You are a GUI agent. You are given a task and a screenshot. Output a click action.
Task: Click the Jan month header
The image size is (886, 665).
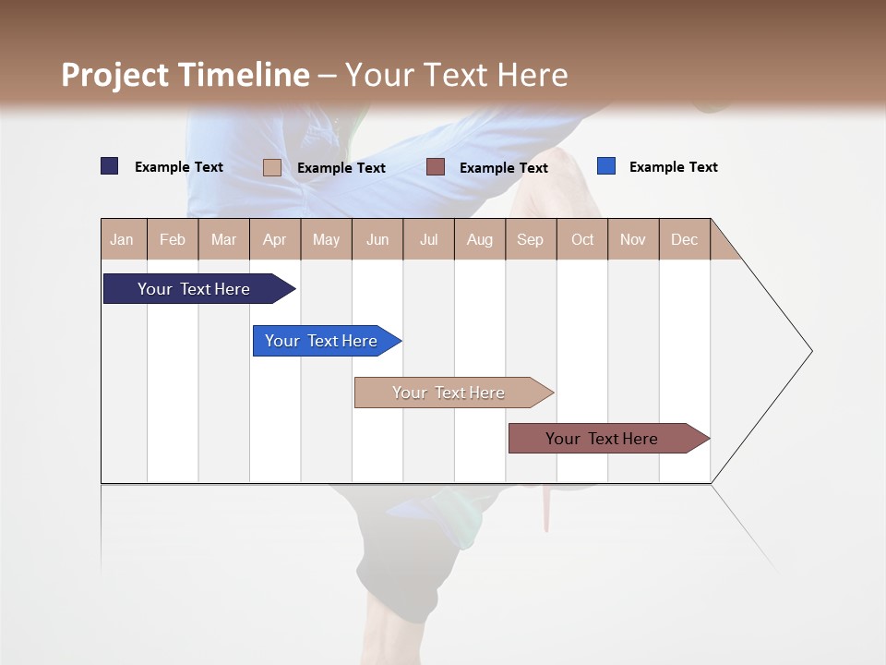pyautogui.click(x=123, y=239)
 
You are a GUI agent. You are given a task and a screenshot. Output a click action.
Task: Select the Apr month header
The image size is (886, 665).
pyautogui.click(x=275, y=239)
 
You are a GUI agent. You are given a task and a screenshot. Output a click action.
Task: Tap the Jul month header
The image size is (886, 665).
pyautogui.click(x=428, y=239)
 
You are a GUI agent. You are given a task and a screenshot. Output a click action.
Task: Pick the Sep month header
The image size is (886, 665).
pyautogui.click(x=530, y=239)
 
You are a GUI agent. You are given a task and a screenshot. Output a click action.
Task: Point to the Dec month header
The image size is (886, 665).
pyautogui.click(x=684, y=239)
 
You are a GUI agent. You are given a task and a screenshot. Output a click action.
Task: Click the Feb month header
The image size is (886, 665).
pyautogui.click(x=173, y=239)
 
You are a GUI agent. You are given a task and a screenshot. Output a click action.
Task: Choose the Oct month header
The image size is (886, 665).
pyautogui.click(x=582, y=239)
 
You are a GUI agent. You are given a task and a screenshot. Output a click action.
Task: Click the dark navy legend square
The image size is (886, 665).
pyautogui.click(x=110, y=166)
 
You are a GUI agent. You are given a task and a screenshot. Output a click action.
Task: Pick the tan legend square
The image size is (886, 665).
pyautogui.click(x=272, y=167)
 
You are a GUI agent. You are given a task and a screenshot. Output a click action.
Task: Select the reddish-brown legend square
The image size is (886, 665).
pyautogui.click(x=436, y=167)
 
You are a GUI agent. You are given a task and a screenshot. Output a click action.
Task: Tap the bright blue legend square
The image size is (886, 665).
pyautogui.click(x=606, y=166)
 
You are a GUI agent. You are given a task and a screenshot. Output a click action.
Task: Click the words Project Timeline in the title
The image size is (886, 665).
pyautogui.click(x=186, y=75)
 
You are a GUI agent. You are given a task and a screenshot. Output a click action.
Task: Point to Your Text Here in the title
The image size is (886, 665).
pyautogui.click(x=456, y=75)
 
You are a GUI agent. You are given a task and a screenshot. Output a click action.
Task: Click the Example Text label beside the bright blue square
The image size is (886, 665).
pyautogui.click(x=673, y=167)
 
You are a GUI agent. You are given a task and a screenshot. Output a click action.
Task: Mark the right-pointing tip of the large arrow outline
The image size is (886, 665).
pyautogui.click(x=810, y=351)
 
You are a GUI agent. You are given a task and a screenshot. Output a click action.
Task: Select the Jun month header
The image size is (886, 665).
pyautogui.click(x=377, y=239)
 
